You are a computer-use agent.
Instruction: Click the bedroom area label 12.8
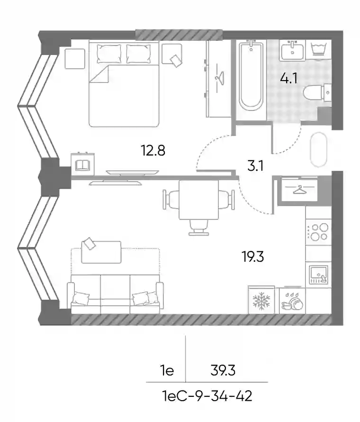[153, 150]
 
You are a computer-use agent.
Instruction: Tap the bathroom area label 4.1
[289, 78]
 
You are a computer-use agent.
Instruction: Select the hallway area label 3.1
[255, 166]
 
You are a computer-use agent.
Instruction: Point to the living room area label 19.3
[253, 257]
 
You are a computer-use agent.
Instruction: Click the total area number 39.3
[223, 371]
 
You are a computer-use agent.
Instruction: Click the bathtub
[251, 75]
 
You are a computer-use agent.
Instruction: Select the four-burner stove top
[318, 232]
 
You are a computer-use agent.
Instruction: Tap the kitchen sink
[318, 275]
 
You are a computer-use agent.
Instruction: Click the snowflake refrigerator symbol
[261, 300]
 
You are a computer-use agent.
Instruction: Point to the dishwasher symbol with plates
[292, 301]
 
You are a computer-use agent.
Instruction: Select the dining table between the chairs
[198, 200]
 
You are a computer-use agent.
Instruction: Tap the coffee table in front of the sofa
[101, 252]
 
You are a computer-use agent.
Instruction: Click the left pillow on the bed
[109, 54]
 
